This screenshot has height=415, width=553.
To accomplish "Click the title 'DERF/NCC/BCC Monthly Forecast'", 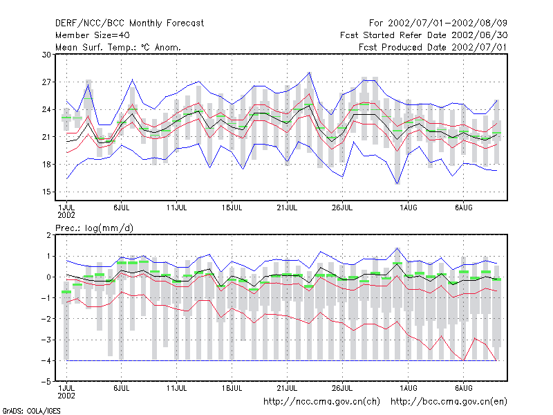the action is point(129,24).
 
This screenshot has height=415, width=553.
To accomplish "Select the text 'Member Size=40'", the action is point(93,35).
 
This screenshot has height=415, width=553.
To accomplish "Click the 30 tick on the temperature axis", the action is point(46,55).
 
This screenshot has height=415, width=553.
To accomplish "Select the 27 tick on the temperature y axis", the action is point(46,82).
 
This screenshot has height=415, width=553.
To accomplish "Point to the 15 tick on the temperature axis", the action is point(46,192).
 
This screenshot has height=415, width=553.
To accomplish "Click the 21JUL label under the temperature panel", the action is point(287,208).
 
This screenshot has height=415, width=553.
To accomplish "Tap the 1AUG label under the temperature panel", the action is point(409,208).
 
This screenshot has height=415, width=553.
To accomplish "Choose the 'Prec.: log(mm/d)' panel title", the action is point(94,228).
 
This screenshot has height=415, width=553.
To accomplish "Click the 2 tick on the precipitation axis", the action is point(48,235).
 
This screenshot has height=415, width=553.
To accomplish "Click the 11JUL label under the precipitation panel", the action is point(177,388).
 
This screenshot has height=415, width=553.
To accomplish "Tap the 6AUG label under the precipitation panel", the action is point(463,388).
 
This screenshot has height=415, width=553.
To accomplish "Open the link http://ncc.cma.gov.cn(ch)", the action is point(321,402).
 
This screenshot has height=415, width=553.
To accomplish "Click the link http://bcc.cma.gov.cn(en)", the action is point(449,402).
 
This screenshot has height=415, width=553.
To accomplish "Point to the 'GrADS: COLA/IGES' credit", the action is point(31,411).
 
